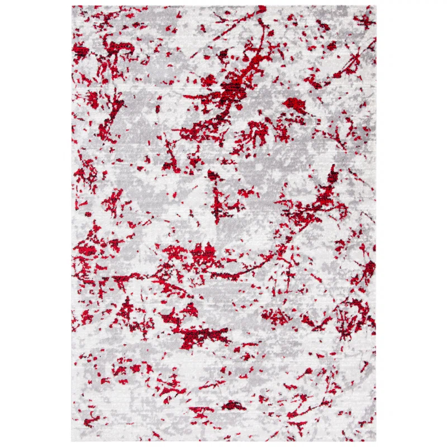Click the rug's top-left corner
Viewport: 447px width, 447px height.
(73, 7)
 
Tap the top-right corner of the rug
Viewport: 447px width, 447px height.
(376, 7)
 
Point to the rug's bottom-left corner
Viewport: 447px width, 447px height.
(72, 441)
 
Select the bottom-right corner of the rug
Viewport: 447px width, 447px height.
(376, 441)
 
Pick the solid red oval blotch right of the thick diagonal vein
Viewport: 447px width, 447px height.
(294, 103)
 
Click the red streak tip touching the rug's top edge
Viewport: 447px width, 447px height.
(261, 9)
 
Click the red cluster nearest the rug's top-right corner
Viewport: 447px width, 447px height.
(364, 21)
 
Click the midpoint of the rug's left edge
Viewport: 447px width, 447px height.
(72, 223)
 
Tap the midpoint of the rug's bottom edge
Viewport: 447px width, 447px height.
(223, 441)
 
